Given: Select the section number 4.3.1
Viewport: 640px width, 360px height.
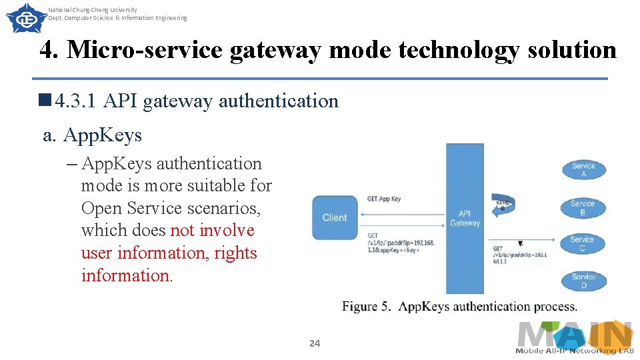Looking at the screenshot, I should pos(76,101).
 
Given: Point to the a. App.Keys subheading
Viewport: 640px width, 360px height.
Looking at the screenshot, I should pos(93,135).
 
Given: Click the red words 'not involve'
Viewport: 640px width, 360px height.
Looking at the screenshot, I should pos(213,231).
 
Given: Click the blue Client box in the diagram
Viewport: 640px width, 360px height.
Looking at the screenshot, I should pos(335,217).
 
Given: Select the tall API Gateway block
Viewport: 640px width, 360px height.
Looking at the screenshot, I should pos(465,219).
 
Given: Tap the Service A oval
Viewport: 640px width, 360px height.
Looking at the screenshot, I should pos(583,170).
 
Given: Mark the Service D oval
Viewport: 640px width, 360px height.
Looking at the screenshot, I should pos(583,281).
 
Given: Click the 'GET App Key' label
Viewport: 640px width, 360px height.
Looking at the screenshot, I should pos(384,199).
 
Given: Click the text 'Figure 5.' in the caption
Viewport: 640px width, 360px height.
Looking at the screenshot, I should pos(367,307).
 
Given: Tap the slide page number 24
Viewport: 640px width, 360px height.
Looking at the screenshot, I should pos(315,343).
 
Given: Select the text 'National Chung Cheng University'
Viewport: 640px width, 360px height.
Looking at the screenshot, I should pos(93,10).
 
